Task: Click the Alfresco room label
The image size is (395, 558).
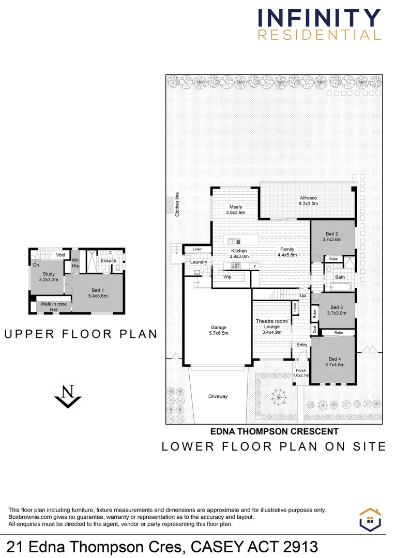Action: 308,200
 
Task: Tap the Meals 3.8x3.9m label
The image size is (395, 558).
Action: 236,210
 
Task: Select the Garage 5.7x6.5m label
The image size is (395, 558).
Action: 219,330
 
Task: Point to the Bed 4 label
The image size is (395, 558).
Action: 335,362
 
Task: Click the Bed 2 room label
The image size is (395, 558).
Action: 332,236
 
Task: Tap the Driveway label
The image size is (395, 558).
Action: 218,396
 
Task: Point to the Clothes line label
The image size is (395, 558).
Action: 177,204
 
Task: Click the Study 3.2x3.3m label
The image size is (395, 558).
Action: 49,277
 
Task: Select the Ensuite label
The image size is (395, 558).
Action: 109,260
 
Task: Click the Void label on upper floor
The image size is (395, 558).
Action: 60,255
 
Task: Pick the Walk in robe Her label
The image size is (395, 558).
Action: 53,307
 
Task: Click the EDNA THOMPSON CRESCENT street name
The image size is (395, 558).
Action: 274,431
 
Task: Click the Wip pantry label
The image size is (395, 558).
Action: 227,276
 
